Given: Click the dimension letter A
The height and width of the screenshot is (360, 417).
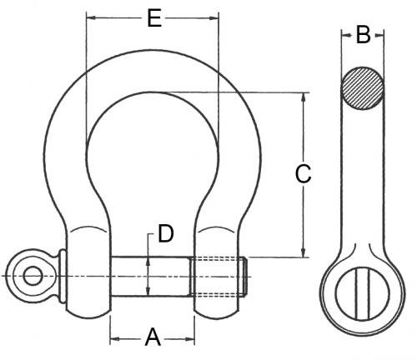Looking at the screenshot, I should (153, 337).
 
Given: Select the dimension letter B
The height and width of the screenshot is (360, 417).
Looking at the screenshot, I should (363, 35).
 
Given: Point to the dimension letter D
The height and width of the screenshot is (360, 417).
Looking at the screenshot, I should (166, 234).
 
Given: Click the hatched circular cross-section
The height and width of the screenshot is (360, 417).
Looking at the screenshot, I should (363, 87).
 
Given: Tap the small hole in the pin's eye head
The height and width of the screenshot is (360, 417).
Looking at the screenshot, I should (32, 275).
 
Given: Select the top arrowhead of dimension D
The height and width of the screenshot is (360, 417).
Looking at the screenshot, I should (148, 260).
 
